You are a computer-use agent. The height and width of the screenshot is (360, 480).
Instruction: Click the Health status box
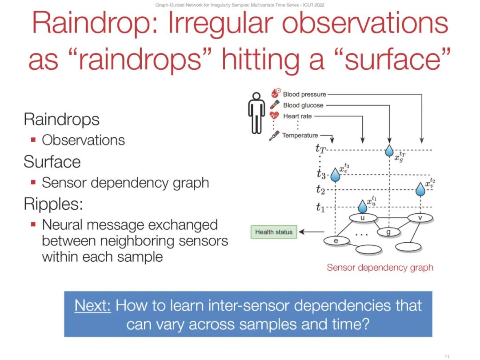coord(274,232)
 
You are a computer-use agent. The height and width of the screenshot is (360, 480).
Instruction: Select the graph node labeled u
coord(363,218)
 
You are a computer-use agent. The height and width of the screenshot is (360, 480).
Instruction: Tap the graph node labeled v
coord(420,218)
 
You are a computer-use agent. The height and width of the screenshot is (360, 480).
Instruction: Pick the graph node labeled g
coord(388,232)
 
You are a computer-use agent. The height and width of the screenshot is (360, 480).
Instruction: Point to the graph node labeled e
coord(336,241)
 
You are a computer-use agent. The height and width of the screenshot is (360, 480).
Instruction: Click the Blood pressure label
coord(304,94)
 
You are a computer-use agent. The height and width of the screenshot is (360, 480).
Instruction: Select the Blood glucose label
coord(303,105)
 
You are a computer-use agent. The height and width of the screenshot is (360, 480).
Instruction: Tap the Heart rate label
coord(297,116)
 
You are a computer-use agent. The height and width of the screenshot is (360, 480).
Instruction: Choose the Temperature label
coord(300,135)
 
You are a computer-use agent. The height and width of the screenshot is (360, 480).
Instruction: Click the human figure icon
coord(256,113)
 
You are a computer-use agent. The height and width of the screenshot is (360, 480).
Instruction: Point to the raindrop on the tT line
coord(389,150)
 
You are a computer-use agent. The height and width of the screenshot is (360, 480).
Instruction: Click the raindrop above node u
coord(363,206)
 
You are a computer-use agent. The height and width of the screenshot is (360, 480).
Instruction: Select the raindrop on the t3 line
coord(336,175)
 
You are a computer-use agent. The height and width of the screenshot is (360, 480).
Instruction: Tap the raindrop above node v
coord(420,189)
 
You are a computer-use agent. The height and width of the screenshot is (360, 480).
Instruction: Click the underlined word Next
coord(92,305)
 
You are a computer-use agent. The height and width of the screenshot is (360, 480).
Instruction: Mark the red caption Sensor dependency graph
coord(380,268)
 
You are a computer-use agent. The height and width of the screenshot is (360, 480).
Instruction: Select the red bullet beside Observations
coord(33,140)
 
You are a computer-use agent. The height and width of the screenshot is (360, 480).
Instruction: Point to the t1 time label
coord(320,208)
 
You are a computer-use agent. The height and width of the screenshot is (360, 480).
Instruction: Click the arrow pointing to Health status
coord(311,232)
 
